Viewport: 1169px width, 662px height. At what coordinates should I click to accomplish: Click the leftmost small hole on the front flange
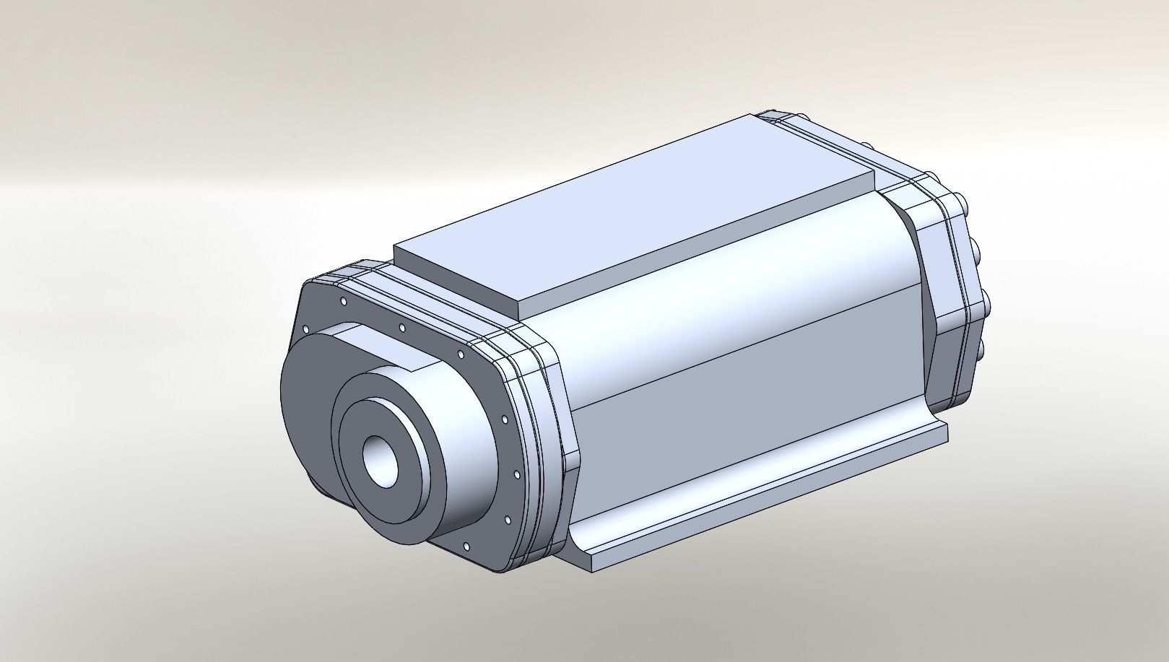point(306,329)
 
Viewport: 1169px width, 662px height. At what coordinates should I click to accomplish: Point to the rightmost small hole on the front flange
point(516,475)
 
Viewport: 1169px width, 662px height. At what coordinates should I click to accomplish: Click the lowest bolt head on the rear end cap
point(981,350)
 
